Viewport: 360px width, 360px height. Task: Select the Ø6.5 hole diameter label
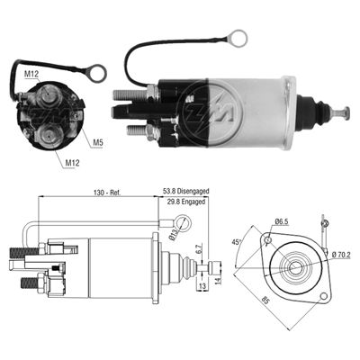[x=283, y=221]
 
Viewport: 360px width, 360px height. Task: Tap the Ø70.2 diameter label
[x=340, y=255]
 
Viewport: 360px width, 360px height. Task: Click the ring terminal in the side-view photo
[x=239, y=38]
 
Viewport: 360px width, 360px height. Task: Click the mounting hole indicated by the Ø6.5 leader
[x=268, y=241]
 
